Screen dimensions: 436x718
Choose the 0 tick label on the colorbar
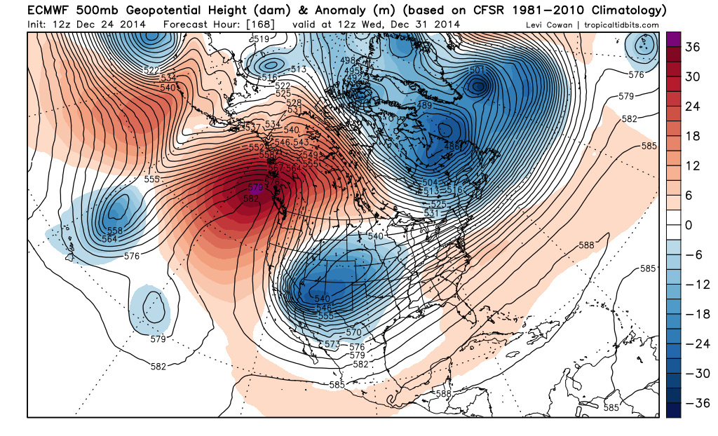point(689,225)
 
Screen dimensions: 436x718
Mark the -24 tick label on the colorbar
point(693,343)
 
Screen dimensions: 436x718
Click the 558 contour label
point(114,231)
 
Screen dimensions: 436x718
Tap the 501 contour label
point(477,70)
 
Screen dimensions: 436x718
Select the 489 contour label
point(424,106)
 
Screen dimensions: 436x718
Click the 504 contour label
point(430,182)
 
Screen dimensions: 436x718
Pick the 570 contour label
point(353,332)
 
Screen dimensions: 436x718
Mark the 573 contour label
point(332,343)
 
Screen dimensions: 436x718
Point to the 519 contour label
point(260,39)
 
